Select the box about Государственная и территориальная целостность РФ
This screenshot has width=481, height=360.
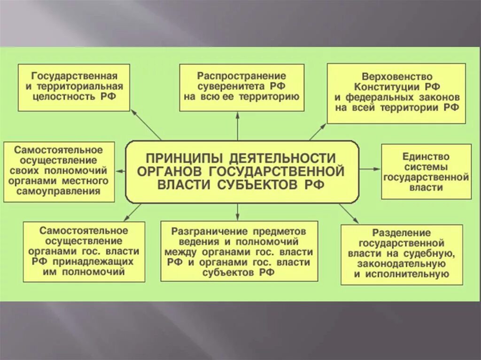[74, 87]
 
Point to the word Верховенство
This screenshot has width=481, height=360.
[397, 76]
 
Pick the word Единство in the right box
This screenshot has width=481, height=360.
[426, 156]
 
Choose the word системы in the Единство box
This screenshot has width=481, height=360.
[426, 167]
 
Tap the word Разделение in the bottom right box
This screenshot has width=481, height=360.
[401, 233]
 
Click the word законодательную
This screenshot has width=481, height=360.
[401, 264]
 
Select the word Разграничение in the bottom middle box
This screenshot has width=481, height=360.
[203, 231]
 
